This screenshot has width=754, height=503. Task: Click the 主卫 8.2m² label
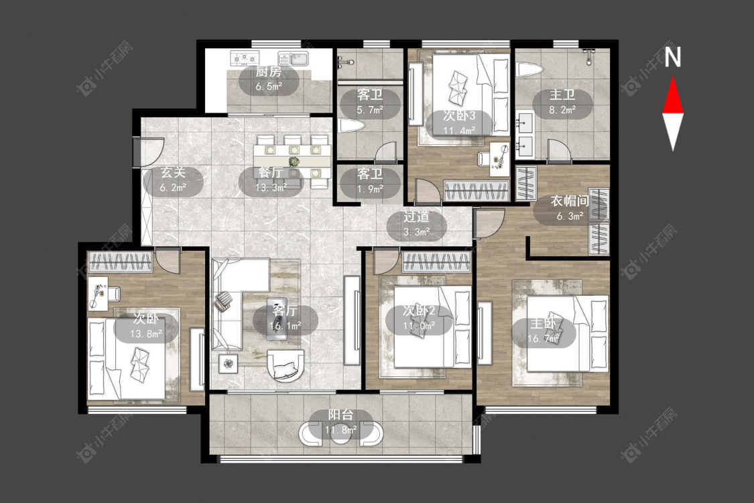point(562,103)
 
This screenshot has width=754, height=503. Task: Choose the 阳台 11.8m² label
point(340,422)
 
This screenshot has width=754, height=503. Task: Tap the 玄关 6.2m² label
point(173,180)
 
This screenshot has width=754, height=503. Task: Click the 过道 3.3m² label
point(416,224)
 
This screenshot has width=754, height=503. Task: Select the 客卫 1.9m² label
point(370,181)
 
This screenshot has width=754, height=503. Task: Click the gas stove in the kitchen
point(244,59)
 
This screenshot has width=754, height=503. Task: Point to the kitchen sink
point(294,59)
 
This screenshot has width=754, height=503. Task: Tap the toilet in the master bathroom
point(529,70)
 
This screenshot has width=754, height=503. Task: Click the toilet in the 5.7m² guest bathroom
point(349,127)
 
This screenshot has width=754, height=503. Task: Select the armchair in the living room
point(286,366)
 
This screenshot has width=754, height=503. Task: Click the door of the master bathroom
point(559,149)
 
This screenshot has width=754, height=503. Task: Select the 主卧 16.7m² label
point(544,331)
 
